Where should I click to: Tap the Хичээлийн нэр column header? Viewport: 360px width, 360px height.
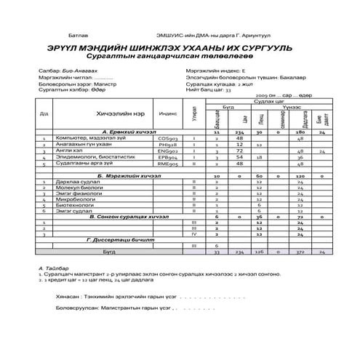(x=119, y=114)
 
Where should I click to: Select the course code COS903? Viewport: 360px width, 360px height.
(x=168, y=137)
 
